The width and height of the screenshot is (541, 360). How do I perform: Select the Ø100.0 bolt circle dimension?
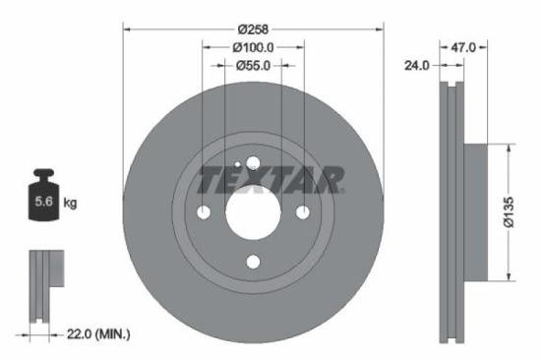click(253, 47)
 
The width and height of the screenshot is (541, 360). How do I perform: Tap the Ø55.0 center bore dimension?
click(253, 65)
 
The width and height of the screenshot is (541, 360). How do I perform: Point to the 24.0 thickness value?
click(418, 66)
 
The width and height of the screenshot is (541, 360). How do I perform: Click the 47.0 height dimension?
click(463, 47)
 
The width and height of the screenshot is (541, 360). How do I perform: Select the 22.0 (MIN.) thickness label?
click(94, 334)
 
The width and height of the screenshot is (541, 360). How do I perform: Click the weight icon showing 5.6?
click(43, 200)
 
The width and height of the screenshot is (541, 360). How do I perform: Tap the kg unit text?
click(71, 203)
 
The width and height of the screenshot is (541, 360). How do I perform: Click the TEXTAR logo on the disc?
click(270, 180)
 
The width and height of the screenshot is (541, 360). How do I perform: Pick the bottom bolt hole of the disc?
click(253, 261)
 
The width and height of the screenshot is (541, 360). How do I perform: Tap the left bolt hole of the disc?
click(204, 212)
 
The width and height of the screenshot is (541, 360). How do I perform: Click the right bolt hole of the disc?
click(302, 212)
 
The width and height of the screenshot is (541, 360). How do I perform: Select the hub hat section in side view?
click(474, 210)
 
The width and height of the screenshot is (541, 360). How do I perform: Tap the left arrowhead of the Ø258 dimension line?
click(127, 29)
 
